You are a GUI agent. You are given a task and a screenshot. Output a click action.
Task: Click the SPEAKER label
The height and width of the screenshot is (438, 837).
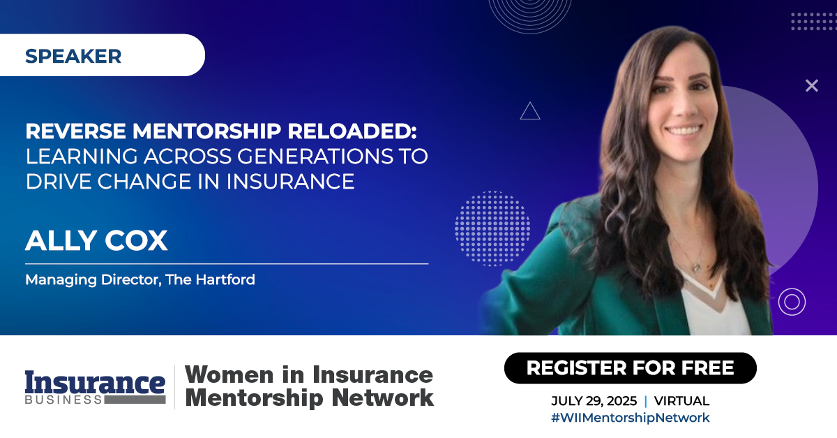(73, 56)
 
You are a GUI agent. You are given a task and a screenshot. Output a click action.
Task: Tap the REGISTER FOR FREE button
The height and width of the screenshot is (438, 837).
(630, 367)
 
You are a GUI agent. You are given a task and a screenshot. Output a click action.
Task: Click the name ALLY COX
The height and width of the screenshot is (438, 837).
(96, 241)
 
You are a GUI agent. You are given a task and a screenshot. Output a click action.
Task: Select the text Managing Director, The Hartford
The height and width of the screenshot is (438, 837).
(140, 280)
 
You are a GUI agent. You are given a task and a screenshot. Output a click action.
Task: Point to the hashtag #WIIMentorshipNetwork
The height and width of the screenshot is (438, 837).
(630, 418)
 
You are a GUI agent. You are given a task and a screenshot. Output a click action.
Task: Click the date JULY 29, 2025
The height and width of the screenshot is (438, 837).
(594, 401)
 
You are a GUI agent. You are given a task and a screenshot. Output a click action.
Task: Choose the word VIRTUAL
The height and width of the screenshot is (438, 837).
(681, 401)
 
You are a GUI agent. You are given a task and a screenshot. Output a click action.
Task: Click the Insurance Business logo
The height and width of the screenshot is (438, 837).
(95, 387)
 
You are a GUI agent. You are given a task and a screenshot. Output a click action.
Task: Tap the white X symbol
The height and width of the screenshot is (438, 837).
(811, 86)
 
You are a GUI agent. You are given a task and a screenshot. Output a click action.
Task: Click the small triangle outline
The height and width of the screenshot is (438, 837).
(530, 111)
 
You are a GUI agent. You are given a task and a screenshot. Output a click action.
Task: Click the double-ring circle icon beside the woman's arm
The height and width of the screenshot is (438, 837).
(792, 302)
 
